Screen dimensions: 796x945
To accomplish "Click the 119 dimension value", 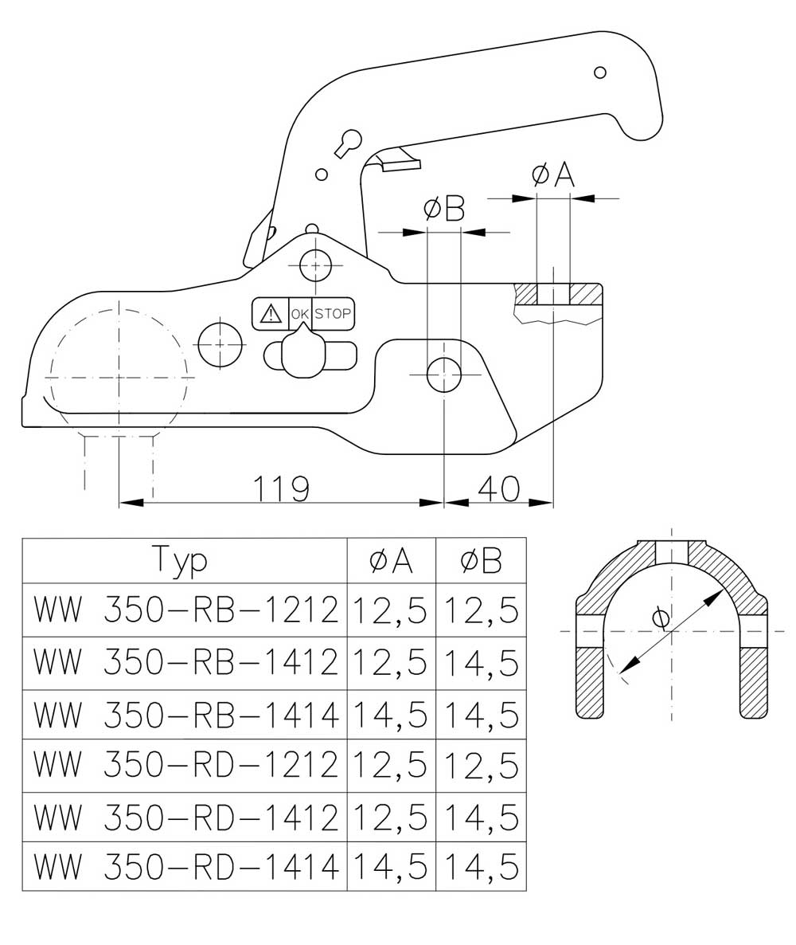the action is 280,488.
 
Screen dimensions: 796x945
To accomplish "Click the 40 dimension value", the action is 498,488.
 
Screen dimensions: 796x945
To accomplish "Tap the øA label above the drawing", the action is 553,175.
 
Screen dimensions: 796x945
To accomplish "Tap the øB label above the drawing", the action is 444,209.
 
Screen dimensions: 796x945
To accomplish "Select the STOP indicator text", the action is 333,313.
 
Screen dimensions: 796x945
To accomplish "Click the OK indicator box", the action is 300,313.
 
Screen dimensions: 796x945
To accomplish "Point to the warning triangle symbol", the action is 271,313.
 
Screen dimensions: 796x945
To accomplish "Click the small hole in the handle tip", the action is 599,73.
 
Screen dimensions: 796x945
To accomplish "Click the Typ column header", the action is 180,560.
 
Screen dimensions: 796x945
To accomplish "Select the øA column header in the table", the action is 392,561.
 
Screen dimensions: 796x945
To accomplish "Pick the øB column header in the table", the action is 481,561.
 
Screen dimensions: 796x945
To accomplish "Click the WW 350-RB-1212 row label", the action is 185,610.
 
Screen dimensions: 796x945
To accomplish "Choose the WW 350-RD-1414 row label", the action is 185,867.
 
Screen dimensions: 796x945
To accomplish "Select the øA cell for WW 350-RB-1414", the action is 390,715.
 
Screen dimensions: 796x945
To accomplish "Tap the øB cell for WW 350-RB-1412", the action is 481,663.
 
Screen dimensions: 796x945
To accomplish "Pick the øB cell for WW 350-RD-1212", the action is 481,766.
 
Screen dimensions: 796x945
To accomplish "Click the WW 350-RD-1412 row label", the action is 185,818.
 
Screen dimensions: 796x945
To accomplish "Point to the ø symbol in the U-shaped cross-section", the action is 660,618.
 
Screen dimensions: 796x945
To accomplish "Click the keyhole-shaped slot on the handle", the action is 347,143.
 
